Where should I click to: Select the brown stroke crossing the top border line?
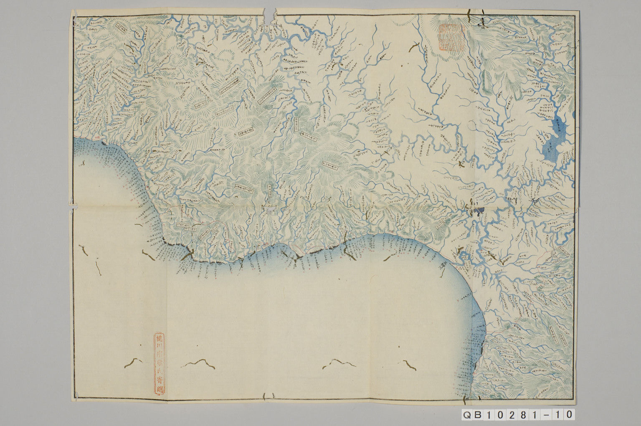[470, 15]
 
